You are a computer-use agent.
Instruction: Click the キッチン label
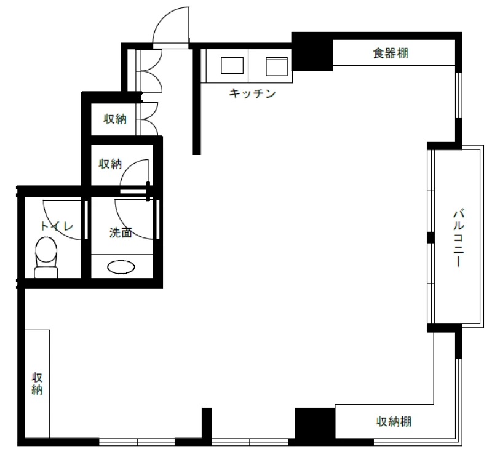pos(252,93)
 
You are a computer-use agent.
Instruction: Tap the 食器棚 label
pos(391,53)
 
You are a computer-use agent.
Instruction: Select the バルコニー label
pos(458,238)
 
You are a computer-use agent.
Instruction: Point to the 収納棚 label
pos(394,421)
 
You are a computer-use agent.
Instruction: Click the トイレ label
pos(57,226)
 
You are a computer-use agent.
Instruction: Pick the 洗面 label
pos(121,232)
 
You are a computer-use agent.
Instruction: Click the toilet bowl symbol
pos(46,257)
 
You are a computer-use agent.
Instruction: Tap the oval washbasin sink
pos(121,268)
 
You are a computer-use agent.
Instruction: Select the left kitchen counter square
pos(232,65)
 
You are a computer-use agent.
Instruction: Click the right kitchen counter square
pos(277,66)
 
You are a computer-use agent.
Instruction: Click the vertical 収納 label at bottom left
pos(37,384)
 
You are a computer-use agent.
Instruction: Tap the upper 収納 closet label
pos(115,119)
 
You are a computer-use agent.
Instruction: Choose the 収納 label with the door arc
pos(110,164)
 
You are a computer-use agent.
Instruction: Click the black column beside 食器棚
pos(312,52)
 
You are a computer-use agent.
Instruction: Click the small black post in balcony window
pos(430,237)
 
